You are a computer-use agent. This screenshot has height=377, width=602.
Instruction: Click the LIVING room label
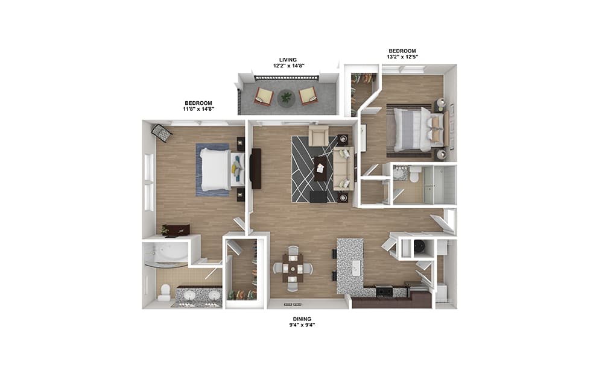coord(288,60)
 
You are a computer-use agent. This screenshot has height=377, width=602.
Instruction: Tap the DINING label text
coord(302,319)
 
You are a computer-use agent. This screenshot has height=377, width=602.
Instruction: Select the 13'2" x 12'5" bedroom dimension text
coord(402,57)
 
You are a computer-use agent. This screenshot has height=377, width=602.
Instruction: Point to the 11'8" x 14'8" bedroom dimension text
coord(198,109)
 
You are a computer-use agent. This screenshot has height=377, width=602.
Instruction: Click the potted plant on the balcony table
coord(286,98)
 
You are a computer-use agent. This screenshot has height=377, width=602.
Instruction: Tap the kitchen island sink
coord(356,267)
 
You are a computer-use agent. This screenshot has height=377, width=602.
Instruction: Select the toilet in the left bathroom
coord(165,291)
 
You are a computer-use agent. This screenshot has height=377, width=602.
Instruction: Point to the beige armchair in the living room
coord(318,136)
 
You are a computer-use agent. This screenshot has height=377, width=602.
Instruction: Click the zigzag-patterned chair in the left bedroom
coord(162,134)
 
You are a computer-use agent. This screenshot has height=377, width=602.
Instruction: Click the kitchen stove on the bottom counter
coord(384,291)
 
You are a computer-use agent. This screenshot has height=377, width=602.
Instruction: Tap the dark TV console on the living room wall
coord(256,169)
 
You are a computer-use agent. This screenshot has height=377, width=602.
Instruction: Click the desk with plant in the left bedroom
coord(176,231)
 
